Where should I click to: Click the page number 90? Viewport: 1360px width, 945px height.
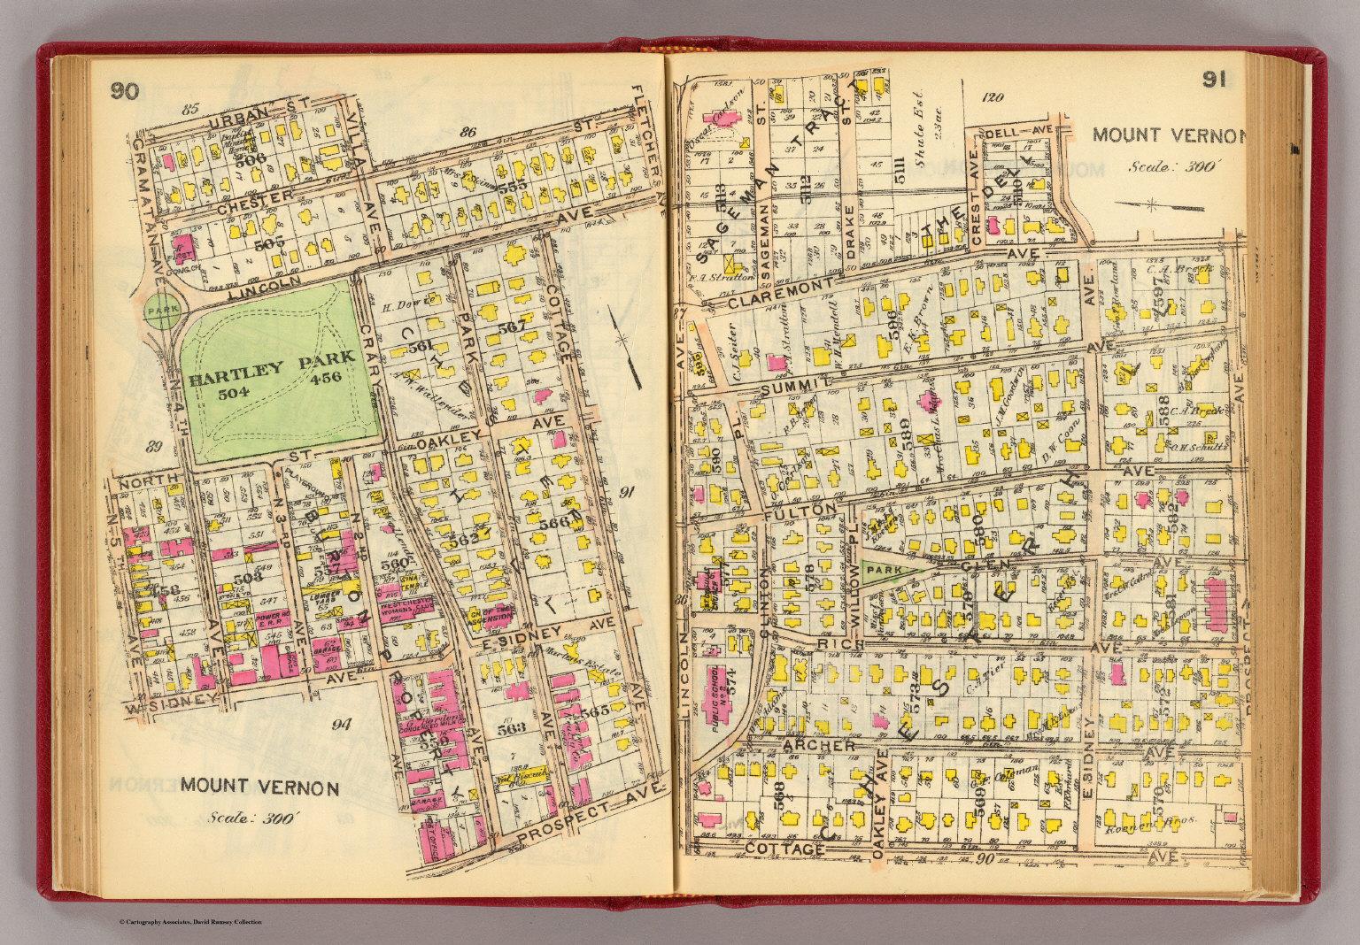point(125,90)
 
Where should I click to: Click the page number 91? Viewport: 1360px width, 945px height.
point(1213,81)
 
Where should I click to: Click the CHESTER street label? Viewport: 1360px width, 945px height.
point(254,202)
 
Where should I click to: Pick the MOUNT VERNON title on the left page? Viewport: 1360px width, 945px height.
point(259,787)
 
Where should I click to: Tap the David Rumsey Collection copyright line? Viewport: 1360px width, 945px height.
point(190,923)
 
